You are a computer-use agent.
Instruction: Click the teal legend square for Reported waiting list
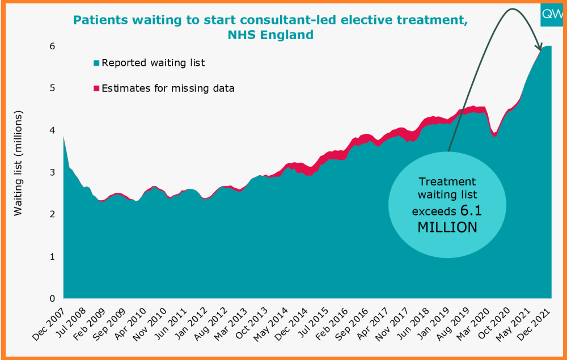click(x=96, y=63)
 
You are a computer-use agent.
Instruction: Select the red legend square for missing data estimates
click(x=96, y=88)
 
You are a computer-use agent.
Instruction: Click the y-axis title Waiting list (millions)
click(x=18, y=163)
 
